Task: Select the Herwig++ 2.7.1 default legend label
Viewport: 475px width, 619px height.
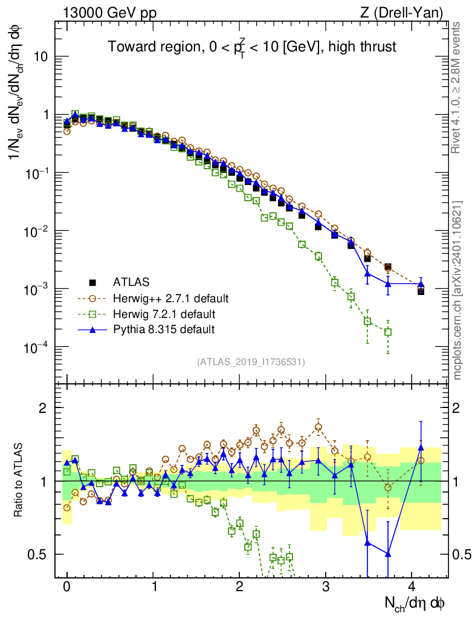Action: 171,298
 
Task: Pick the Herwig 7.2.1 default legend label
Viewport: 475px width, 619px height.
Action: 164,314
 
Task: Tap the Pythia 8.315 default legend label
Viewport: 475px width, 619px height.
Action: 164,329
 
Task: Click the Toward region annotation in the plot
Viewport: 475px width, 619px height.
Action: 251,48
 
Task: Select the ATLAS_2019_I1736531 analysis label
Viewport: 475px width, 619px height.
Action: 251,362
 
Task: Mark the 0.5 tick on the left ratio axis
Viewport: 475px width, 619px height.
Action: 39,554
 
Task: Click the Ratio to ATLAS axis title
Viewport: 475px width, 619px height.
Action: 20,481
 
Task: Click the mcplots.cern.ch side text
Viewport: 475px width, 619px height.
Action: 457,290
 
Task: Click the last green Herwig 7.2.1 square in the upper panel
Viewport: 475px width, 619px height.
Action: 388,332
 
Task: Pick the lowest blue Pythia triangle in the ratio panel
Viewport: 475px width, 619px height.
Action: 388,554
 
